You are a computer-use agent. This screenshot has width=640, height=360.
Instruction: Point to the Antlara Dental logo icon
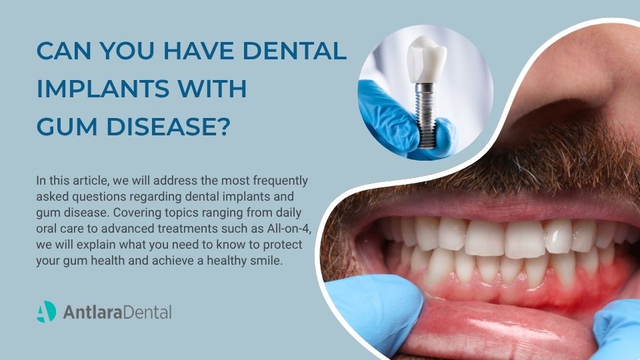click(x=46, y=311)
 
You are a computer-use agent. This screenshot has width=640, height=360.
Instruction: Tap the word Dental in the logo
click(x=147, y=311)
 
